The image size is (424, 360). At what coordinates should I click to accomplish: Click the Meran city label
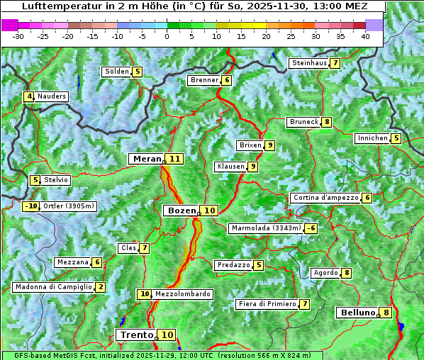147,159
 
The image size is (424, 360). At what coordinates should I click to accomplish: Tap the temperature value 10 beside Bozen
210,210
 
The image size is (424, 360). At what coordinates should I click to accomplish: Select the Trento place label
137,335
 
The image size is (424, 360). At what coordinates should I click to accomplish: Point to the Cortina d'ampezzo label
325,198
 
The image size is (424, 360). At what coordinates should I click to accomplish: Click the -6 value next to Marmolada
311,228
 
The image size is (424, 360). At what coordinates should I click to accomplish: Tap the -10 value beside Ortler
30,206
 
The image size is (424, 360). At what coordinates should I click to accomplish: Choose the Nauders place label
52,96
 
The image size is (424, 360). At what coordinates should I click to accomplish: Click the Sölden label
117,72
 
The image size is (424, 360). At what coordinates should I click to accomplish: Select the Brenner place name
204,80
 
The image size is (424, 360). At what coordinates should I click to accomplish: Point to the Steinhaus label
309,63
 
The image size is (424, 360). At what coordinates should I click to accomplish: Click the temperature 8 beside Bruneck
326,122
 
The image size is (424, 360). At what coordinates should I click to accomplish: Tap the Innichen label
373,138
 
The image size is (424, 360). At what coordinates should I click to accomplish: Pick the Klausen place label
230,167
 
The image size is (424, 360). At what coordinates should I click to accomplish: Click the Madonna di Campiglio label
53,287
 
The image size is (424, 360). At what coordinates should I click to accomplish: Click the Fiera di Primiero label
267,304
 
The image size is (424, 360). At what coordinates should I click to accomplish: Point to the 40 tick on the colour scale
365,36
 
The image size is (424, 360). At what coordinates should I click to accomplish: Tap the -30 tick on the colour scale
18,36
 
